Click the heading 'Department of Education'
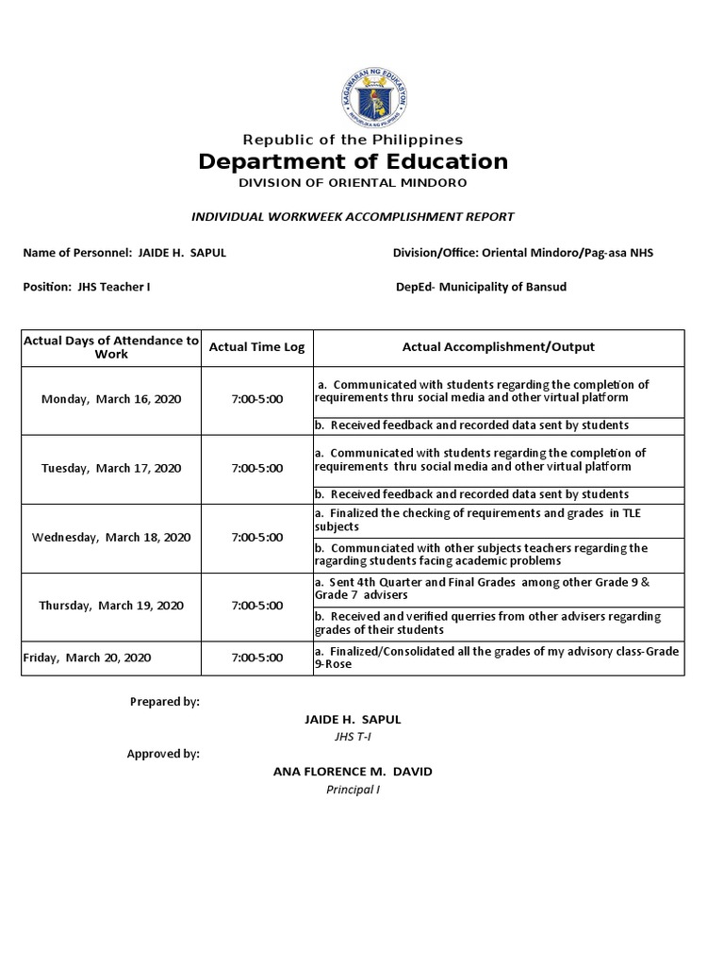[353, 161]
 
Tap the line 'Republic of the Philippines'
[353, 140]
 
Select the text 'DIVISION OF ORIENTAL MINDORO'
[353, 182]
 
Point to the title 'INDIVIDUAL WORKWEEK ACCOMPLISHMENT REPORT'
[353, 217]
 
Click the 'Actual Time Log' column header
[256, 347]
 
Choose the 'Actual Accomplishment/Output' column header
[498, 347]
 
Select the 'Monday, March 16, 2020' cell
[111, 399]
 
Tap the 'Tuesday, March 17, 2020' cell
[111, 468]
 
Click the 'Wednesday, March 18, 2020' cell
[111, 537]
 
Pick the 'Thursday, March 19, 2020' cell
[111, 606]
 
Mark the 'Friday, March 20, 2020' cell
[86, 657]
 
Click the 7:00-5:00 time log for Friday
[256, 657]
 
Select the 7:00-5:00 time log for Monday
[256, 399]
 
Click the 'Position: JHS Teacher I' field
[86, 287]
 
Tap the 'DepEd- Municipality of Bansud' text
[482, 287]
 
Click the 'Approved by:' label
[163, 754]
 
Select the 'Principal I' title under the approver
[352, 790]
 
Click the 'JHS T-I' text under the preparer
[352, 737]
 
